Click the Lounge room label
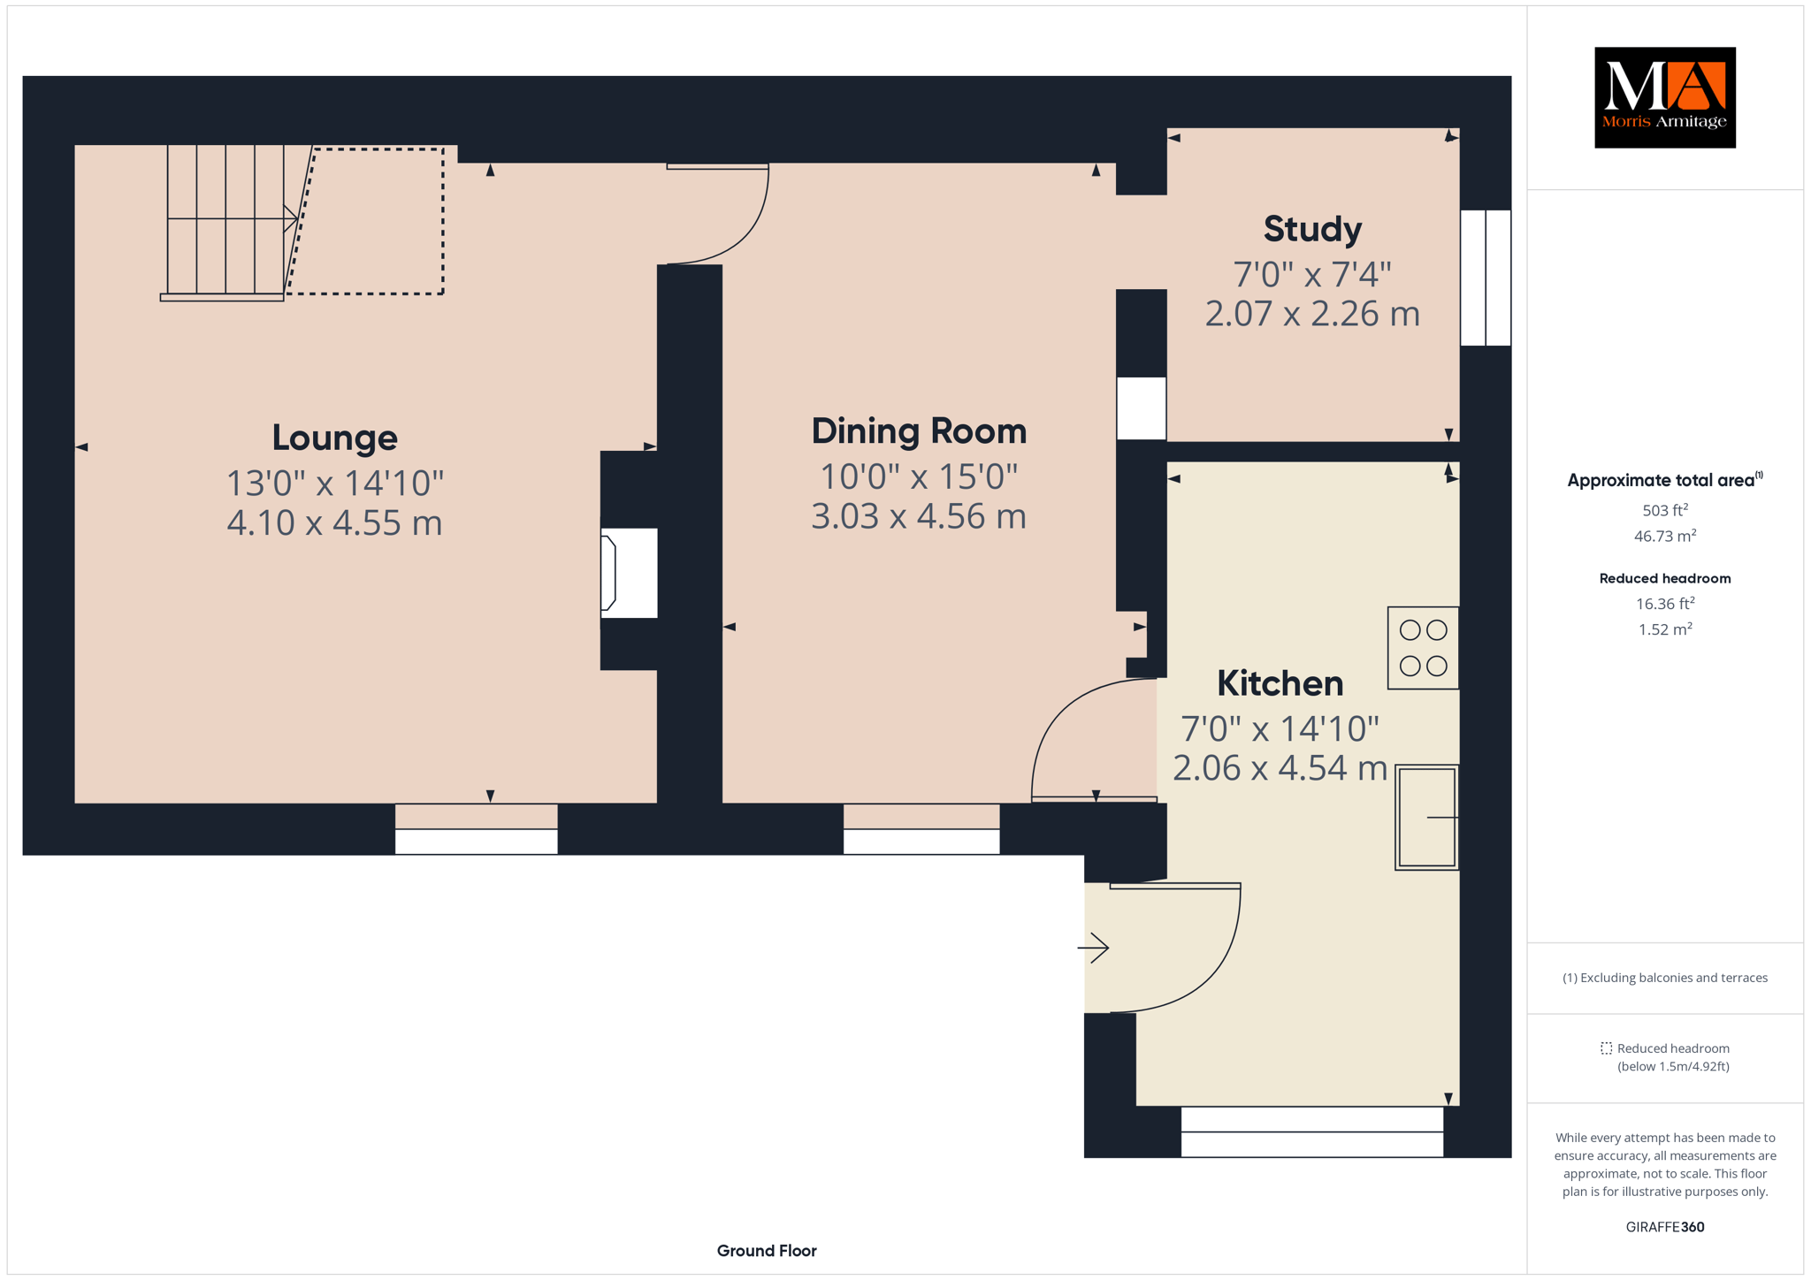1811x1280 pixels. click(x=334, y=438)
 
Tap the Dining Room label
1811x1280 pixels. click(x=919, y=431)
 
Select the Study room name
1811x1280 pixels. click(x=1312, y=230)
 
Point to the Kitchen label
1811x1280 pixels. click(x=1280, y=683)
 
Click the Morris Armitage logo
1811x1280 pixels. click(x=1664, y=97)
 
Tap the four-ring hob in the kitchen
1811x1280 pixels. click(x=1423, y=648)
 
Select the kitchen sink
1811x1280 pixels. click(x=1426, y=818)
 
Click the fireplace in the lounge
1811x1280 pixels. click(x=628, y=573)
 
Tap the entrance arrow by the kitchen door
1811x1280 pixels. click(x=1094, y=948)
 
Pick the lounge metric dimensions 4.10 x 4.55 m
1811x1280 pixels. click(x=334, y=522)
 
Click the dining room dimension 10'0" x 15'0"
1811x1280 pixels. click(x=919, y=477)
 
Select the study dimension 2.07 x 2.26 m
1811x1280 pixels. click(x=1312, y=314)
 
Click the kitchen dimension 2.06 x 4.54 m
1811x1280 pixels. click(x=1280, y=768)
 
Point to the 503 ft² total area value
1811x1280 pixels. click(x=1665, y=510)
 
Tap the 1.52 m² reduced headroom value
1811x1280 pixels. click(x=1665, y=629)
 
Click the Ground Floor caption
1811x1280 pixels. click(x=767, y=1251)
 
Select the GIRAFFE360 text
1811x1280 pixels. click(x=1665, y=1227)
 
